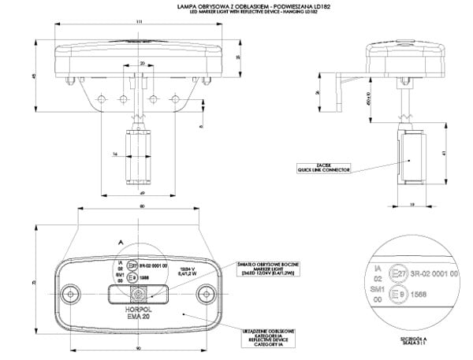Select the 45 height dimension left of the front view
coord(33,76)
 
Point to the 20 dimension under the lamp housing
coord(141,62)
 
